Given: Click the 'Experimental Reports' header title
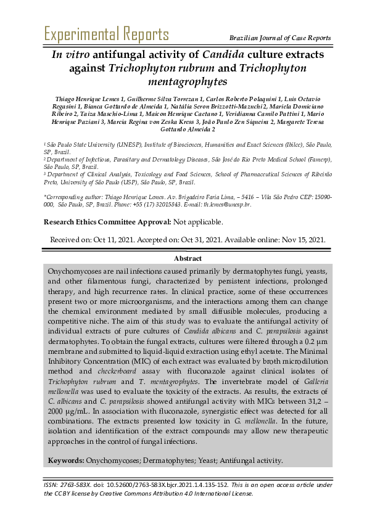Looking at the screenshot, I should point(106,34).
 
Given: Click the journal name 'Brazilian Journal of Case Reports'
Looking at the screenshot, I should point(280,38).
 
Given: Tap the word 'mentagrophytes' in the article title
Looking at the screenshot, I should point(188,81).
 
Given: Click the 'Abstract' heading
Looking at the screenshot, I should point(188,258).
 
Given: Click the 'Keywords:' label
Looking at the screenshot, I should point(67,460).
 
